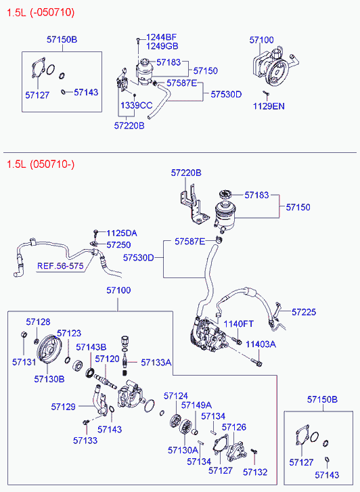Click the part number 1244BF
click(161, 37)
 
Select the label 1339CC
click(136, 106)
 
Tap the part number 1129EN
click(269, 106)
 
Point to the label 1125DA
click(121, 233)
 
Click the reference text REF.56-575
click(60, 266)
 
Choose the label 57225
click(304, 312)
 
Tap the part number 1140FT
click(238, 323)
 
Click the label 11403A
click(261, 344)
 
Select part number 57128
click(38, 322)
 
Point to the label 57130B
click(49, 379)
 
